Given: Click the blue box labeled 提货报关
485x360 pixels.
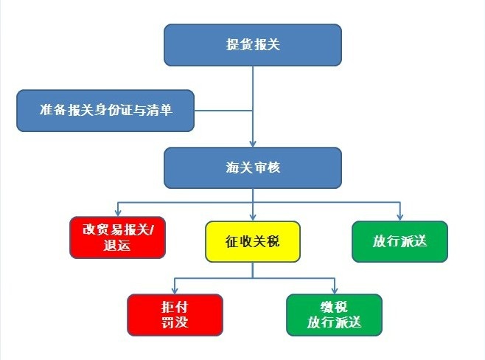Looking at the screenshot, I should coord(252,44).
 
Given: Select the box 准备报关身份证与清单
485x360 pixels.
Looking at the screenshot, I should coord(105,111).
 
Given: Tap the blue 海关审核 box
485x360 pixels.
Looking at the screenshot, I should coord(252,167).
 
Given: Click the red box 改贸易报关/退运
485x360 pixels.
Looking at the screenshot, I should coord(118,238).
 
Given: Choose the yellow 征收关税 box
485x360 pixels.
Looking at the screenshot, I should coord(252,241).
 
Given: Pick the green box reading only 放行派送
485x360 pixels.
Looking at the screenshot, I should coord(399,241).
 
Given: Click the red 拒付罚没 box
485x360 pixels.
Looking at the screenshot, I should coord(175,314).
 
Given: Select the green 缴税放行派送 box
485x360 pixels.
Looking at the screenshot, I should coord(334,314).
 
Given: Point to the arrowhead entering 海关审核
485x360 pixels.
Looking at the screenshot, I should coord(252,143).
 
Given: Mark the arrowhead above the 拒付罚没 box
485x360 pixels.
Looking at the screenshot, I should coord(174,290).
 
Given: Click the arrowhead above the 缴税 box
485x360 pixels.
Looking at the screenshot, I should coord(334,290).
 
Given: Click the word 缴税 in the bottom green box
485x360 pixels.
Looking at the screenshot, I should coord(334,308).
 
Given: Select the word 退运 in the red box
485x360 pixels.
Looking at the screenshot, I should coord(118,246).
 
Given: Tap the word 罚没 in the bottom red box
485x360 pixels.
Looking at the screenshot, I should coord(175,322).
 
